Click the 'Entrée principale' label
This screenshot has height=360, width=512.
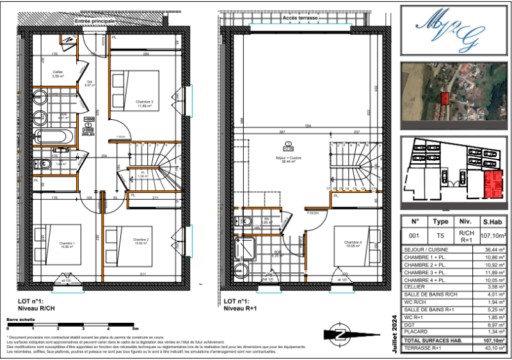95,21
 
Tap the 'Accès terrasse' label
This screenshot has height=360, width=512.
300,19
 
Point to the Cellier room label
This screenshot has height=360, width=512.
58,74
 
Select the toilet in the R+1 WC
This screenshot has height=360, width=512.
243,222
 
